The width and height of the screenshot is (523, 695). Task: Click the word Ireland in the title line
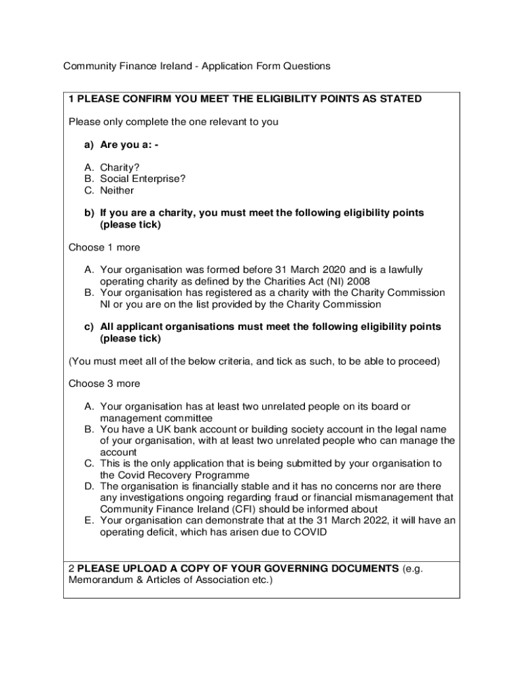coord(175,66)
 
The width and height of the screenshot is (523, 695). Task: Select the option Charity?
coord(120,167)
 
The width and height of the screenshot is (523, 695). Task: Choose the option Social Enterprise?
coord(143,179)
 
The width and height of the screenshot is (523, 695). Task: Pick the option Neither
coord(117,190)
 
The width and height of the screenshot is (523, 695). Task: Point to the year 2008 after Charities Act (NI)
coord(358,281)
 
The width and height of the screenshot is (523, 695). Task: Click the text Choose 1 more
coord(105,247)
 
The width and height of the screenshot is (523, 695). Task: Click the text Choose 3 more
coord(105,383)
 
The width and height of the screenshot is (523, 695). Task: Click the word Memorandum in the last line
coord(94,580)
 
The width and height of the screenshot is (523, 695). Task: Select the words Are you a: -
coord(129,145)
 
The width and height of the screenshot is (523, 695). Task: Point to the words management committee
coord(156,418)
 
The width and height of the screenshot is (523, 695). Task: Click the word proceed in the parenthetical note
coord(420,361)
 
